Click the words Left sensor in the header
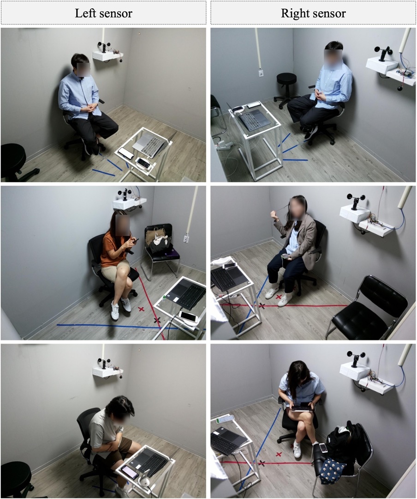pyautogui.click(x=103, y=13)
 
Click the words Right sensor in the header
pyautogui.click(x=313, y=13)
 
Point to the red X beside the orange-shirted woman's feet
pyautogui.click(x=141, y=309)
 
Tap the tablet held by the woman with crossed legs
pyautogui.click(x=302, y=407)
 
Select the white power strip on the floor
pyautogui.click(x=225, y=145)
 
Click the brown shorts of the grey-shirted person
pyautogui.click(x=118, y=447)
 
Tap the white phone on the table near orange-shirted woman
pyautogui.click(x=189, y=317)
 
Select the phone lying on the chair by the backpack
pyautogui.click(x=323, y=447)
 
